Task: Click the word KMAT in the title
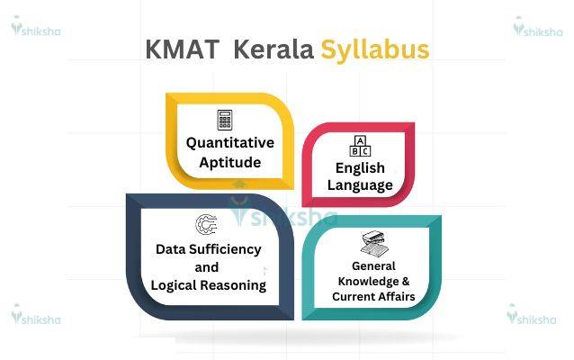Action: (182, 49)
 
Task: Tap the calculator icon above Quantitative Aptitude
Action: (225, 120)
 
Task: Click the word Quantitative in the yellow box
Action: (230, 142)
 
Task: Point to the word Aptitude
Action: (231, 163)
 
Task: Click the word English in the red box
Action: (360, 168)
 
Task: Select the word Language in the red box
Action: (360, 186)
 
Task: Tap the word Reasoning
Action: (238, 284)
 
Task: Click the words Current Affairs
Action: (373, 297)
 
